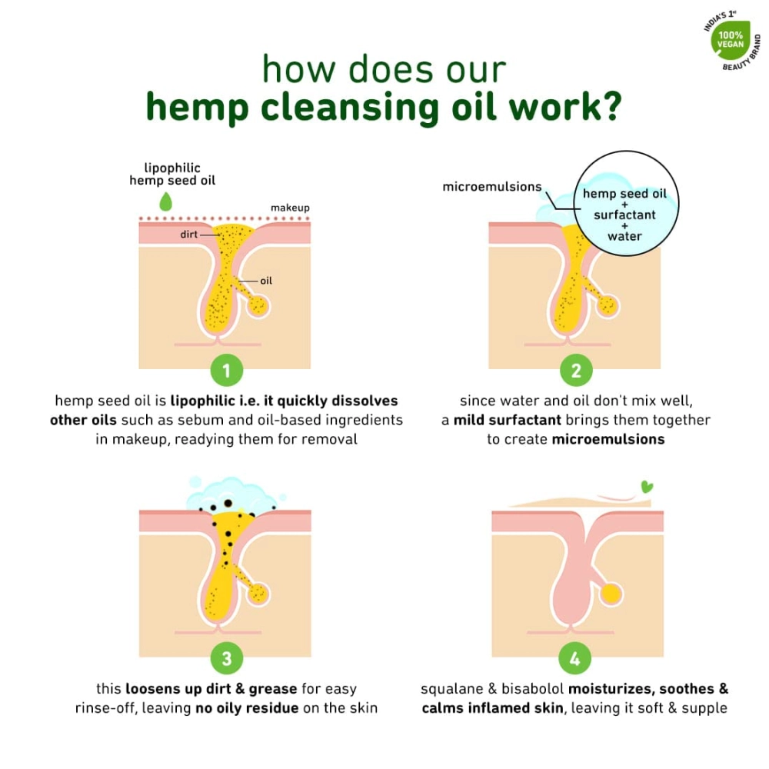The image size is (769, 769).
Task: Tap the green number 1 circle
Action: pos(225,371)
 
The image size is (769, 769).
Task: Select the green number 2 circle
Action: pos(575,371)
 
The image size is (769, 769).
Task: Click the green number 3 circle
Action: pos(225,658)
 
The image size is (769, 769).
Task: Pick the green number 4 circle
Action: pos(575,658)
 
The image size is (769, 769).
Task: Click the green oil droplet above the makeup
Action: pos(165,201)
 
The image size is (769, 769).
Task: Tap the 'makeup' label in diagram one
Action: pos(290,208)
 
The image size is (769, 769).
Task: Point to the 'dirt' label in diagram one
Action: pos(189,234)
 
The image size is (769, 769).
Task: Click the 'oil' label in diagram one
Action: pos(266,281)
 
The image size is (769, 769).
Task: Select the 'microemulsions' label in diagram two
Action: pos(491,187)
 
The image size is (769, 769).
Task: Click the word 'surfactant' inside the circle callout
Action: pos(624,215)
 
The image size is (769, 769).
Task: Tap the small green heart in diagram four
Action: pos(647,487)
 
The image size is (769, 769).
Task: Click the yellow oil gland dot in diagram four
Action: pos(611,593)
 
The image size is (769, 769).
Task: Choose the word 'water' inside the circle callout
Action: pos(624,236)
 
